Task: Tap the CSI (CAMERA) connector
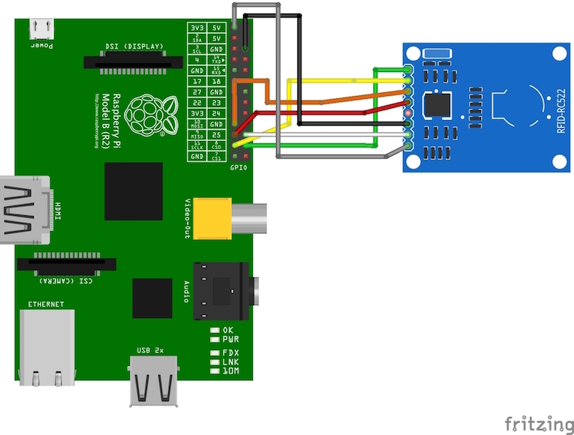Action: coord(67,264)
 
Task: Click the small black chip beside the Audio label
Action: coord(152,298)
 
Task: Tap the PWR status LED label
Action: coord(230,339)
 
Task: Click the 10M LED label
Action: coord(230,371)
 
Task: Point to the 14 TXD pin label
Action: coord(216,59)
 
